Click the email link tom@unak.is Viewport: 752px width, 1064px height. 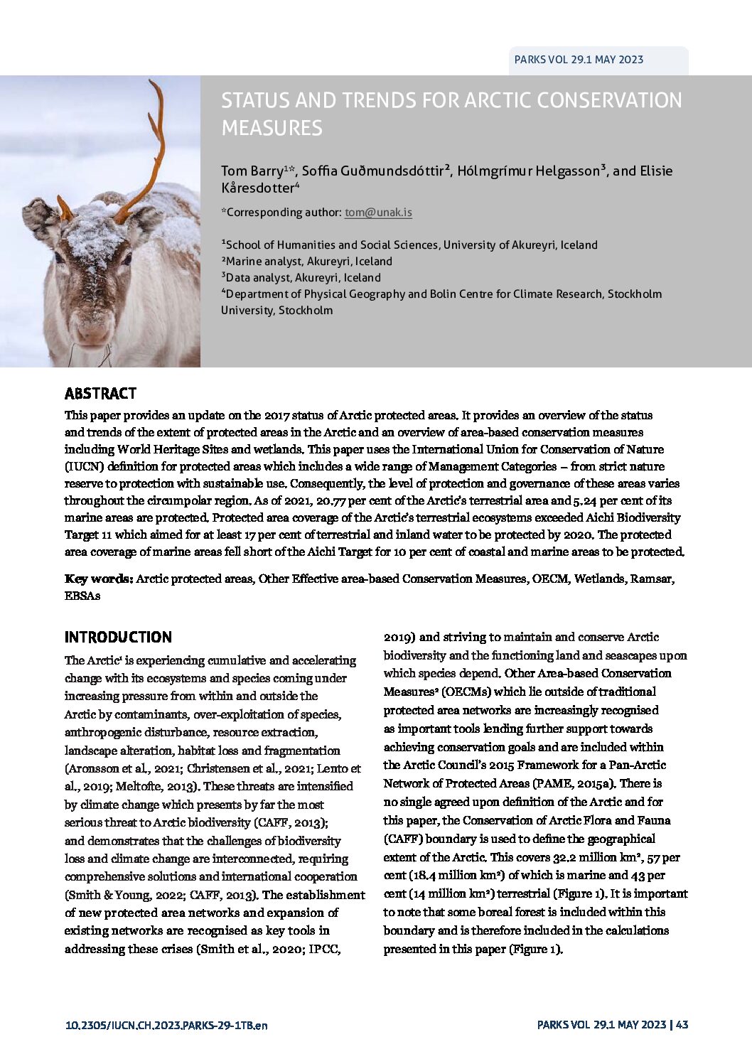point(378,212)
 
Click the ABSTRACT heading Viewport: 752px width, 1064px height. point(100,394)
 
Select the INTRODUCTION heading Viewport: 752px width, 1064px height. point(118,638)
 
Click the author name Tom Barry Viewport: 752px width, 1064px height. point(252,171)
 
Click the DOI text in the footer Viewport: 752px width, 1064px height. point(166,1025)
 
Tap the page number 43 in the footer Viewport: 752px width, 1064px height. point(682,1024)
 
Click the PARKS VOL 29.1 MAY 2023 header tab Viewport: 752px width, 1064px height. point(579,60)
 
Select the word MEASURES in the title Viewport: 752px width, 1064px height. point(272,128)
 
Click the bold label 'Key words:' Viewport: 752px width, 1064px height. point(99,579)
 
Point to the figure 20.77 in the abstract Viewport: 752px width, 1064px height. point(331,500)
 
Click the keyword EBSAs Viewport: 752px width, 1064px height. point(82,596)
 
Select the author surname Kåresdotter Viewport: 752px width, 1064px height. point(257,188)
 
